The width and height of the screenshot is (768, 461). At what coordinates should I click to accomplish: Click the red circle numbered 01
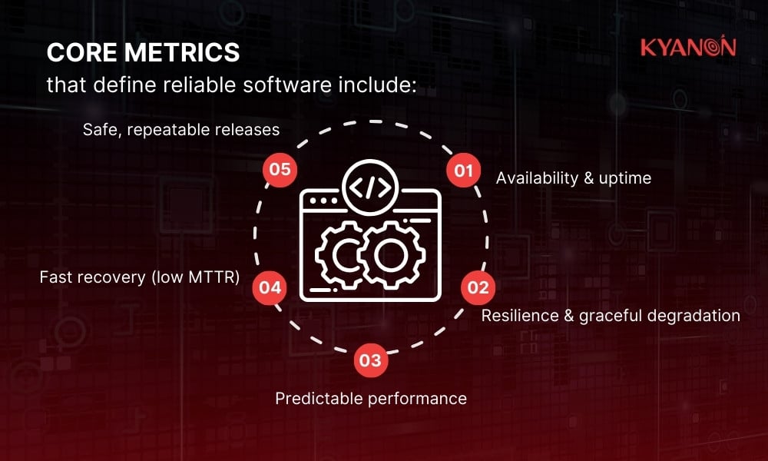(463, 171)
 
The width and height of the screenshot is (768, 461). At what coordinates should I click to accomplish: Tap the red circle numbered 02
(478, 287)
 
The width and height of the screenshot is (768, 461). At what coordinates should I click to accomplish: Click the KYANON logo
(688, 48)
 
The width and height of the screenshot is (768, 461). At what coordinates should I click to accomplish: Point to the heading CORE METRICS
(143, 53)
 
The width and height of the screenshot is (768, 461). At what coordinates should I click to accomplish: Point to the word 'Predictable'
(314, 399)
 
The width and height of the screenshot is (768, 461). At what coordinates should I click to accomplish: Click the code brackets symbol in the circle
(371, 187)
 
